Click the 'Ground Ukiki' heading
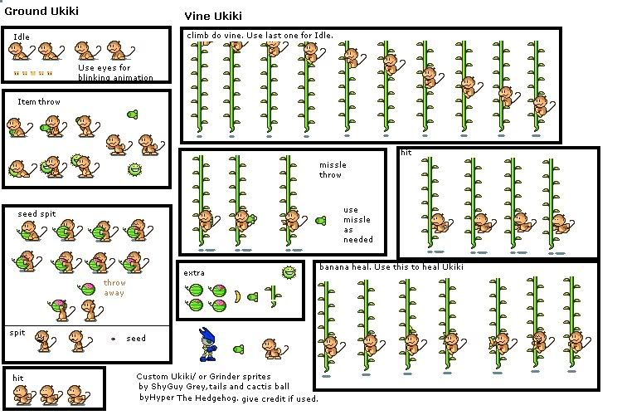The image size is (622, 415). point(41,11)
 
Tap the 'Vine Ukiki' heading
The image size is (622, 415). point(213,17)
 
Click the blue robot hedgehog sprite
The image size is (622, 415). point(207,344)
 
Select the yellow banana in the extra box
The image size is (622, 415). point(237,296)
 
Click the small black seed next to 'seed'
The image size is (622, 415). point(113,339)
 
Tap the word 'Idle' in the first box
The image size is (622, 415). point(22,37)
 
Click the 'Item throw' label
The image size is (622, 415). point(39,101)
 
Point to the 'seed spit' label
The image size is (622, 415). point(36,214)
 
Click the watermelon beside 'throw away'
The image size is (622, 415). point(87,289)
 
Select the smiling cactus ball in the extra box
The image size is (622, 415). point(289,272)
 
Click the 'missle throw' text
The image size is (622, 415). point(333,169)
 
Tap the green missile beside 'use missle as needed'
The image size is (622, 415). point(320,221)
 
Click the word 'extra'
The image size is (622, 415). point(194,273)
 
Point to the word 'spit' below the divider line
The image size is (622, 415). point(17,333)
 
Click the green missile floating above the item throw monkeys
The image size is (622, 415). point(132,115)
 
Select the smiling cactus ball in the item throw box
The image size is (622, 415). point(135,170)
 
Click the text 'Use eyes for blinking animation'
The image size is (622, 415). point(115,72)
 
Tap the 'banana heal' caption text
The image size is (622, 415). point(391,267)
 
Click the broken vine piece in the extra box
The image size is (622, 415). point(274,296)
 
